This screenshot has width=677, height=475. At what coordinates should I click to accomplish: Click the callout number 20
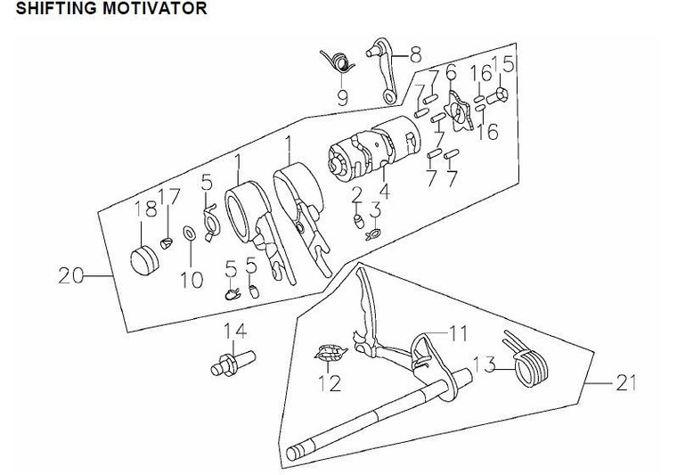(72, 277)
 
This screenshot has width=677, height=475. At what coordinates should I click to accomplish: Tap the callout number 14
(233, 333)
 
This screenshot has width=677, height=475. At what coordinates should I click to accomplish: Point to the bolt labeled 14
(231, 363)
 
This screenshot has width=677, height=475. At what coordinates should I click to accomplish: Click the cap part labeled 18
(143, 262)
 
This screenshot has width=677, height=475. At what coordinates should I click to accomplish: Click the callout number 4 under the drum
(384, 190)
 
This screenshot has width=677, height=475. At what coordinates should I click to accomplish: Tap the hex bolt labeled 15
(500, 92)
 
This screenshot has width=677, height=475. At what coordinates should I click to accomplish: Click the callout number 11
(457, 333)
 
